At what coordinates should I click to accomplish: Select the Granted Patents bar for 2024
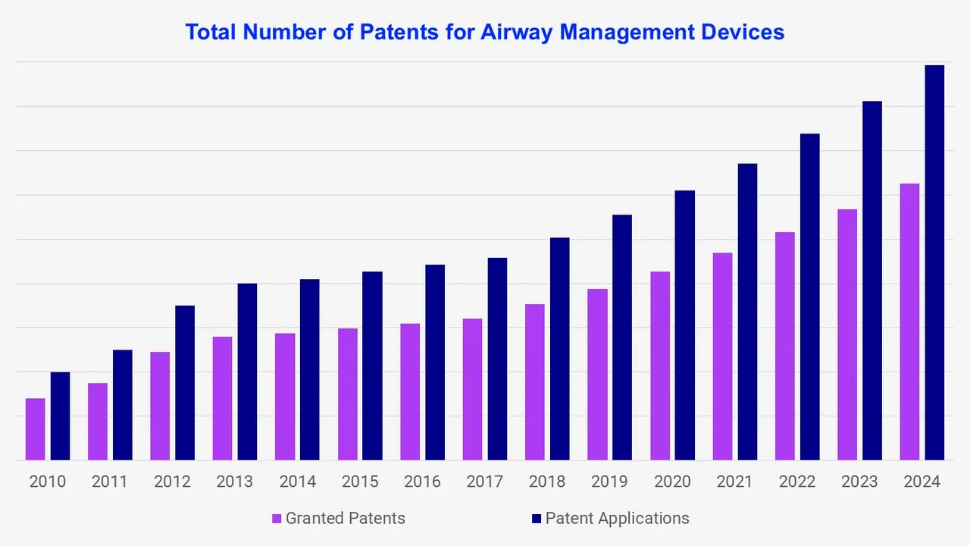pos(909,322)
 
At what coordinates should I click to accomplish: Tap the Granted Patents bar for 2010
pos(36,429)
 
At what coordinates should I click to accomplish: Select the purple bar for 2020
pos(660,366)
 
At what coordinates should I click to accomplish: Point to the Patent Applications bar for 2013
pos(247,372)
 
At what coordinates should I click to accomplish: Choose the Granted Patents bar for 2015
pos(348,394)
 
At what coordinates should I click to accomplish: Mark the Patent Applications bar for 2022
pos(809,297)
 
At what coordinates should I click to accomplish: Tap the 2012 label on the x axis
pos(172,482)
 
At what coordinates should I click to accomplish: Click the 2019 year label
pos(609,482)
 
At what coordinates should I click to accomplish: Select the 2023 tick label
pos(859,482)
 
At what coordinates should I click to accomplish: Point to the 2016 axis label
pos(422,482)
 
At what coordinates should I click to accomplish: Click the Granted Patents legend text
pos(345,519)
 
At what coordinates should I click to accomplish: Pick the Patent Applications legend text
pos(617,519)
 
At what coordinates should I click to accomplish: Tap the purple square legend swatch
pos(277,519)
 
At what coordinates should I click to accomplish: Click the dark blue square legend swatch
pos(537,519)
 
